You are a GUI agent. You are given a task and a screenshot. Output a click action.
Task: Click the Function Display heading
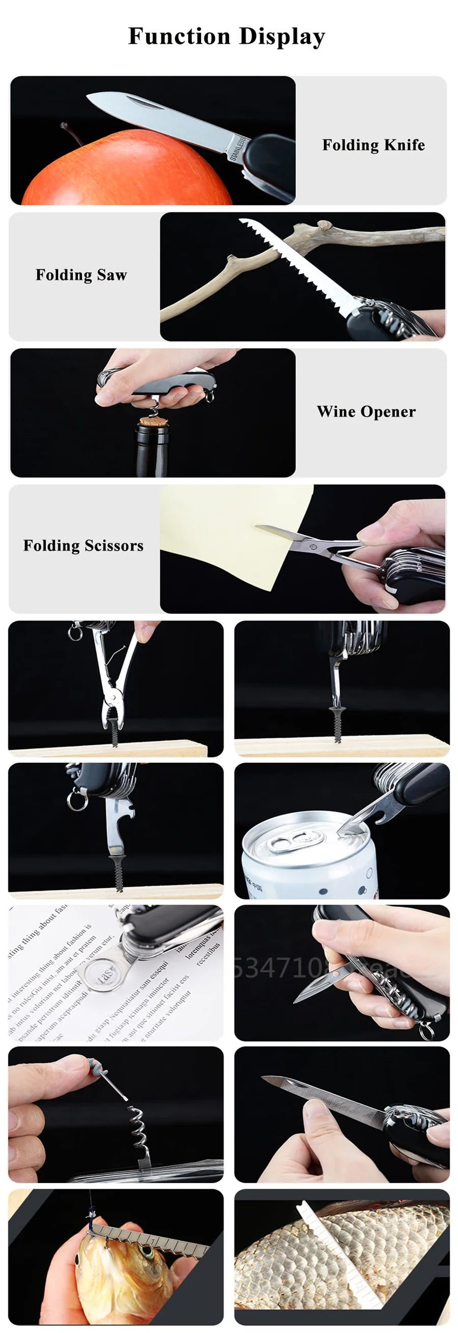tap(226, 36)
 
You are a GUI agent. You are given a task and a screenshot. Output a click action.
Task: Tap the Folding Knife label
tap(373, 145)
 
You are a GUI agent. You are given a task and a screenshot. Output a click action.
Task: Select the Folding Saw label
tap(81, 275)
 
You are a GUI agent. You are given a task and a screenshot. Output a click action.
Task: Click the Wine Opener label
tap(366, 412)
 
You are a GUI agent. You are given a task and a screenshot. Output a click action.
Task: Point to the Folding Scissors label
tap(83, 545)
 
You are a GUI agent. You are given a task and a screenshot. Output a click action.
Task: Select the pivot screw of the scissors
tap(312, 546)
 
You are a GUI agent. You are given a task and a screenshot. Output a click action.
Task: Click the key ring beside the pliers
tap(75, 632)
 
